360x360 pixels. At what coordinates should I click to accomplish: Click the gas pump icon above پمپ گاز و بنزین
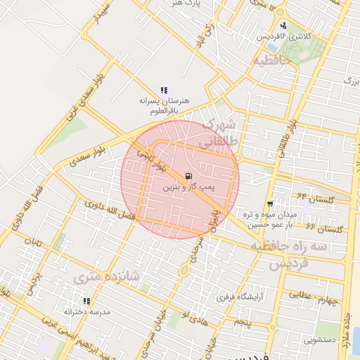pos(188,176)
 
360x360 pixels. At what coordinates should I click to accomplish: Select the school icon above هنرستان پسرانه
pos(164,91)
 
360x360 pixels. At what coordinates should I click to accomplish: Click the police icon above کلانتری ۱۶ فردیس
pos(283,25)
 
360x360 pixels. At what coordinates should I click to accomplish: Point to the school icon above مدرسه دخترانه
pos(87,301)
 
